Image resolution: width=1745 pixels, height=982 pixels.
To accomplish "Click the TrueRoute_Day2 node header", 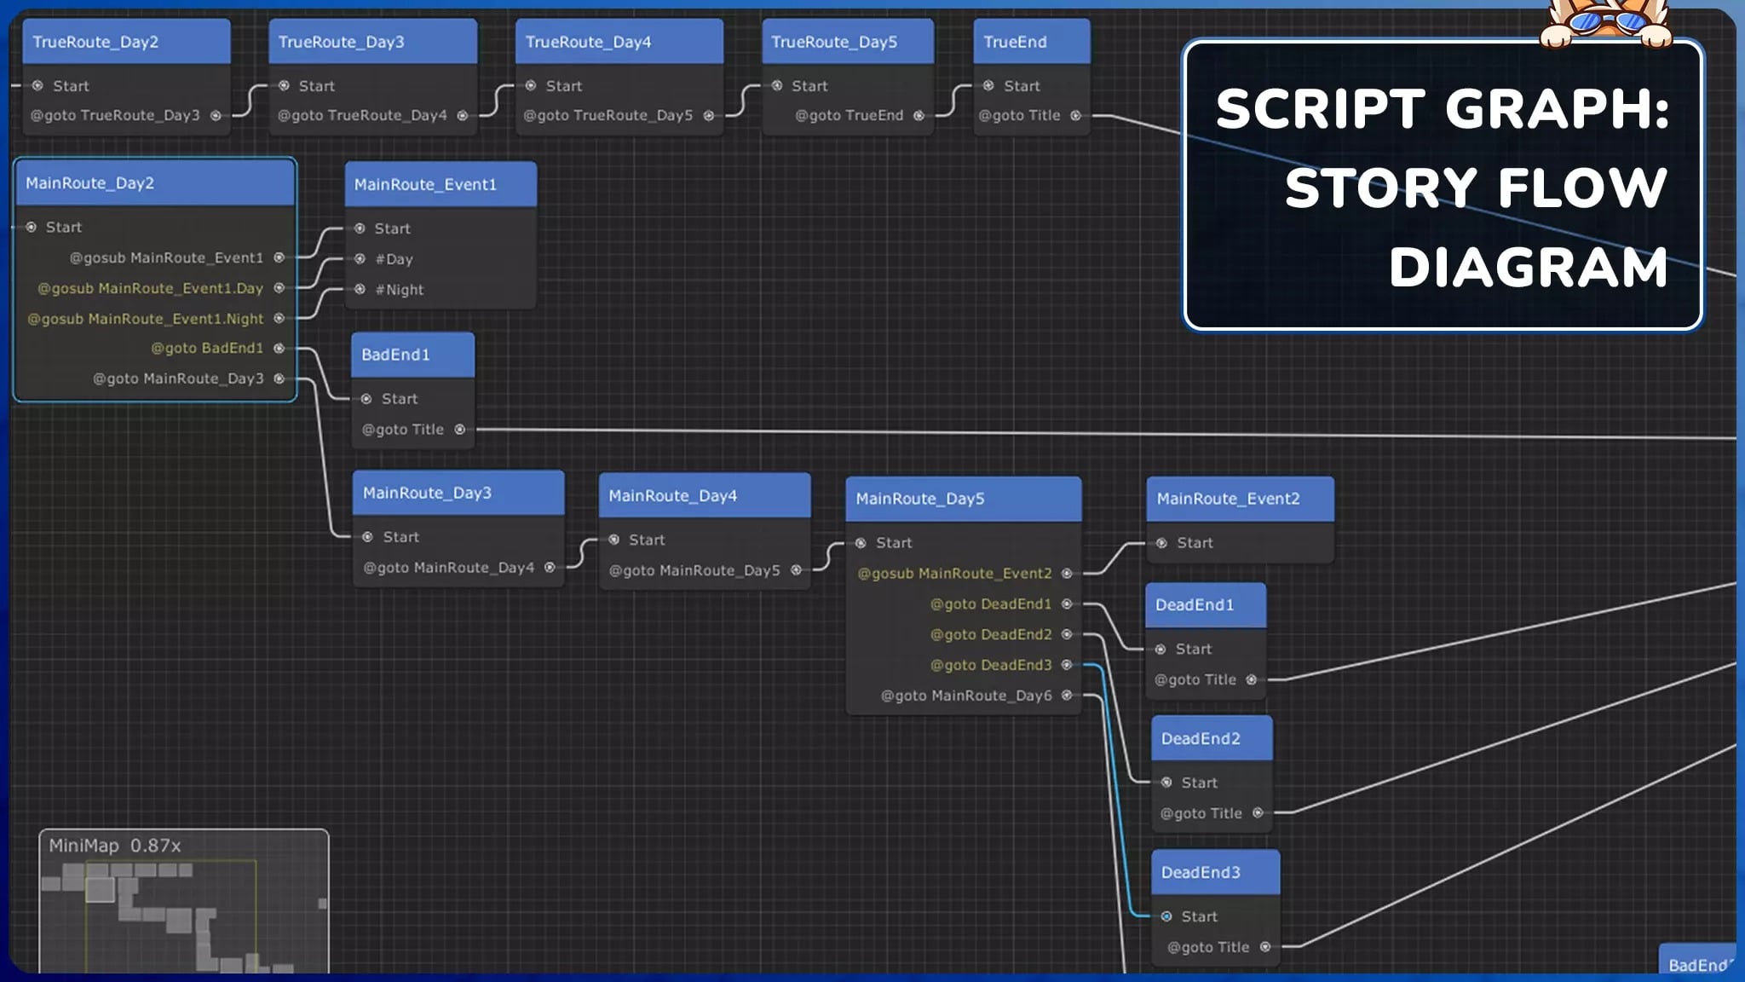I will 126,42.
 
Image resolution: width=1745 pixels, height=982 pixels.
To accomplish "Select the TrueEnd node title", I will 1031,42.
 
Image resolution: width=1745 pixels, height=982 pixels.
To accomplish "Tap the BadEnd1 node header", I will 412,355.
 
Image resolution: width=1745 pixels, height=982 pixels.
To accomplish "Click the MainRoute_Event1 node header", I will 441,184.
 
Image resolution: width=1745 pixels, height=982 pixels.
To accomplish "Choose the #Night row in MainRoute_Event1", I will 399,290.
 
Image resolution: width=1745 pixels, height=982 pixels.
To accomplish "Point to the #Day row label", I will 394,259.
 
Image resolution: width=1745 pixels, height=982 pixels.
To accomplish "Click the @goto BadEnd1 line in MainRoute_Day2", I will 207,348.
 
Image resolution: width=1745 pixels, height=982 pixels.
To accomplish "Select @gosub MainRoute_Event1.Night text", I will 146,319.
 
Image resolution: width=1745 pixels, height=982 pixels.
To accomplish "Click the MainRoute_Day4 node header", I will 704,495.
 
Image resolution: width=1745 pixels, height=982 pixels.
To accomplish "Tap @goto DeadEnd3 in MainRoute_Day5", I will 991,665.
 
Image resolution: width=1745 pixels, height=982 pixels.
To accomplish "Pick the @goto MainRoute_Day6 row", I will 966,696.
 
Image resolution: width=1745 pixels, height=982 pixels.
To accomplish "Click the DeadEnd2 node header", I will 1211,738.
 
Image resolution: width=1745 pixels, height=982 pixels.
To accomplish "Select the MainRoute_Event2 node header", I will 1240,499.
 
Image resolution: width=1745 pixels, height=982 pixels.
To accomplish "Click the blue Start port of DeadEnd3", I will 1166,916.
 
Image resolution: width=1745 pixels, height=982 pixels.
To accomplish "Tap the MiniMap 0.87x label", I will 115,846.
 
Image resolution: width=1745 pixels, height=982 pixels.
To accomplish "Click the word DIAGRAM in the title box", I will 1528,268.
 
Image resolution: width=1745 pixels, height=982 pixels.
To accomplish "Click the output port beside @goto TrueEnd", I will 919,116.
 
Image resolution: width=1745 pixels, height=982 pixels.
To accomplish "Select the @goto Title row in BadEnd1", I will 403,430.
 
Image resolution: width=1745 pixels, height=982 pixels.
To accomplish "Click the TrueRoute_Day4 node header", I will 619,42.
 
